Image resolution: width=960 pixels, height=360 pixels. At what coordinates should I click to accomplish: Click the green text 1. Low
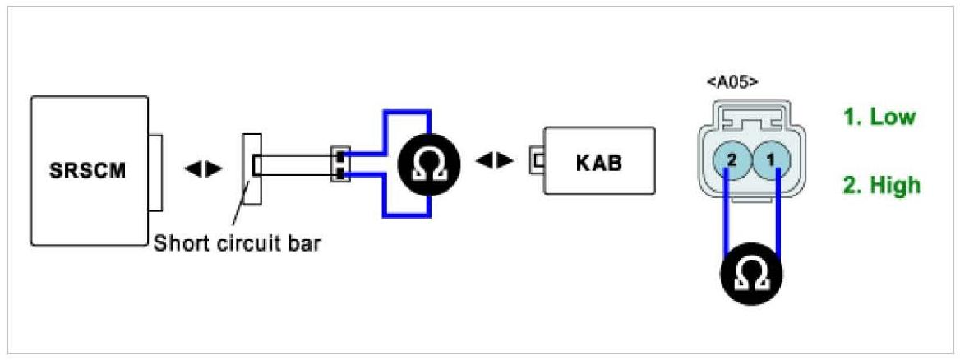879,117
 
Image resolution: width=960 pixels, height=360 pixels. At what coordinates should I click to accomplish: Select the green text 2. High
881,186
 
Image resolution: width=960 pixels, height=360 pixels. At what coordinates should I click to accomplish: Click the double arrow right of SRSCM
203,168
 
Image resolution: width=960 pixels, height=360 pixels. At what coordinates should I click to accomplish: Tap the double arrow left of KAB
495,160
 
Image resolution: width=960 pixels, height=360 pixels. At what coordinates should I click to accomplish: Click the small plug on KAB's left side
538,159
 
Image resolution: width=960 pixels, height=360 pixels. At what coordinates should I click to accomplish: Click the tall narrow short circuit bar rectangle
252,167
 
